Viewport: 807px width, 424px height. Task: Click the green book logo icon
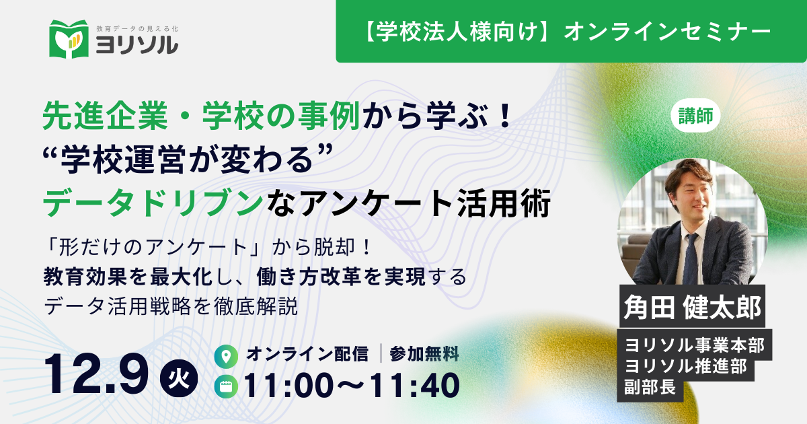[69, 39]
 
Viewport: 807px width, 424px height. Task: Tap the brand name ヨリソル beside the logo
[137, 46]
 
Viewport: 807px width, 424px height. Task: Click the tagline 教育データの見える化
[137, 28]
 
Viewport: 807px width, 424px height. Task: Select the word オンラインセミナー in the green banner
[667, 32]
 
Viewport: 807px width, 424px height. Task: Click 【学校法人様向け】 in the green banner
[462, 32]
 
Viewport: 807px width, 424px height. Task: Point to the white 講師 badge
[695, 116]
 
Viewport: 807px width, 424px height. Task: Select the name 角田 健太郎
[692, 307]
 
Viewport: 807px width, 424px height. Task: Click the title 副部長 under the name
[650, 387]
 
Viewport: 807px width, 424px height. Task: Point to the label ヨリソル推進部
[685, 366]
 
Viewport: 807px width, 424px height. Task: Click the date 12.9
[95, 375]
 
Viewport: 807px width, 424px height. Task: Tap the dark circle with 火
[179, 378]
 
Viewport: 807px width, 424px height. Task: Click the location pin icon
[226, 357]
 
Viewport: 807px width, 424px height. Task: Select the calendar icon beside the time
[226, 386]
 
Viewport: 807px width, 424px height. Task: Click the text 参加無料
[424, 354]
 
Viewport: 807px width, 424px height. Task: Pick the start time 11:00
[289, 385]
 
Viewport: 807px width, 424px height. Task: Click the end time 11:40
[414, 385]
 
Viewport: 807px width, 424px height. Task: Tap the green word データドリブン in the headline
[153, 203]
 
